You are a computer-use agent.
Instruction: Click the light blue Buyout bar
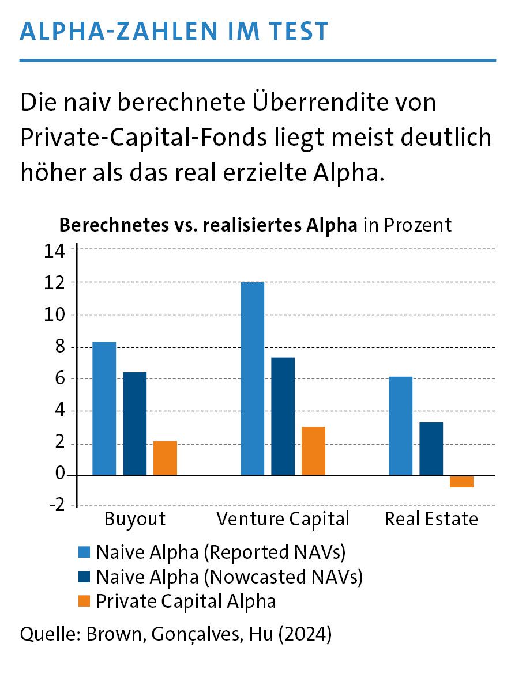(x=104, y=408)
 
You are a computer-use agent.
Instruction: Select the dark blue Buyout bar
(x=135, y=423)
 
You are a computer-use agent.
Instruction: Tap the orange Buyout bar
(x=166, y=458)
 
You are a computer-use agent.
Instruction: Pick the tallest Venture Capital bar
(x=253, y=378)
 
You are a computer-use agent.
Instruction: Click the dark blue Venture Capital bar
(x=283, y=416)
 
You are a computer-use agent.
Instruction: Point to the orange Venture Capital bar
(x=313, y=451)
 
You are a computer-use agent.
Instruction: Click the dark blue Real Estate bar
(x=431, y=449)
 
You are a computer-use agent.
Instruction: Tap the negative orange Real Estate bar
(x=461, y=482)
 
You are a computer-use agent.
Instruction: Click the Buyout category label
(x=135, y=519)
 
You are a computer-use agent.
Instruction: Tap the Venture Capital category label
(x=283, y=519)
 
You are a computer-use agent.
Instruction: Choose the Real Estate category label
(x=431, y=519)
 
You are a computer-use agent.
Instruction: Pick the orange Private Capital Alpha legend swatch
(x=84, y=601)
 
